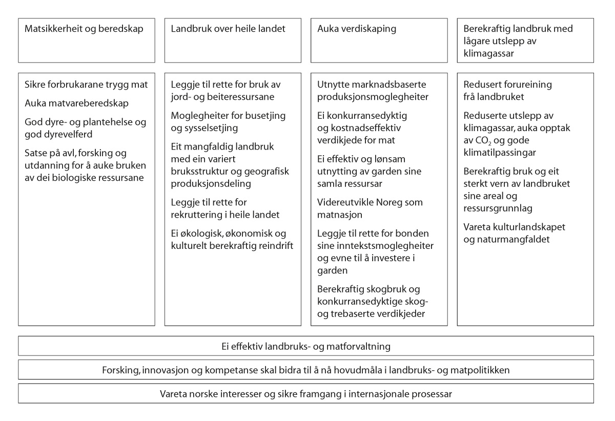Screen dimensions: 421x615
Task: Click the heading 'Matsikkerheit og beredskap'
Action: [84, 29]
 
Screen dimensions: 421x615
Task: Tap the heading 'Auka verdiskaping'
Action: [357, 29]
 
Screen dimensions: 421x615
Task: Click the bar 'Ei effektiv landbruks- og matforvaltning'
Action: [306, 347]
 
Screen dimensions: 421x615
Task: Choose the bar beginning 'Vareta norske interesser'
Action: [306, 394]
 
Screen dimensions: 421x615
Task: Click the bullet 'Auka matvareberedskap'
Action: [76, 103]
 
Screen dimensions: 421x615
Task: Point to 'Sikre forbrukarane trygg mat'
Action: [86, 85]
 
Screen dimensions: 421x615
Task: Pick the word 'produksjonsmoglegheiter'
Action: [373, 97]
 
